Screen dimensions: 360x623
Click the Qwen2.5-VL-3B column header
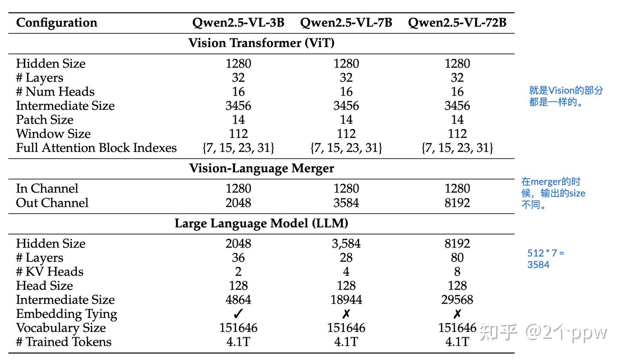pos(238,22)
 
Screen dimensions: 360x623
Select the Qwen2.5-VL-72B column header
pos(457,22)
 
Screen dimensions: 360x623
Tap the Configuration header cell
pos(57,22)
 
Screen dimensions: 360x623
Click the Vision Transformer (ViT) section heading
pos(261,43)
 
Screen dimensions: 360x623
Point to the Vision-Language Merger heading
pos(261,168)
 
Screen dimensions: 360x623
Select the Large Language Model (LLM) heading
pos(261,223)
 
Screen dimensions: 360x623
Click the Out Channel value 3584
pos(346,202)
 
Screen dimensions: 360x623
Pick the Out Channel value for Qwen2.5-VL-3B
pos(238,202)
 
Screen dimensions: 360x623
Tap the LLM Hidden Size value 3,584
pos(346,244)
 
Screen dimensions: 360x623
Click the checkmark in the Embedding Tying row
pos(238,314)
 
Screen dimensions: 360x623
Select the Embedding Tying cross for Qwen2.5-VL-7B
pos(346,314)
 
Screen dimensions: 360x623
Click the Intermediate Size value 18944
pos(346,299)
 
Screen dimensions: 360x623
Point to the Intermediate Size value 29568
pos(457,299)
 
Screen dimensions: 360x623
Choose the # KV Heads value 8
pos(457,271)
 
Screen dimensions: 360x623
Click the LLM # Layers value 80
pos(457,257)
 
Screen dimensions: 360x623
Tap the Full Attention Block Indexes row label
pos(96,148)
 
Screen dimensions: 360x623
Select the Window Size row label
pos(53,133)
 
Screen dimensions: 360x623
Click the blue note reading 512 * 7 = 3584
pos(546,259)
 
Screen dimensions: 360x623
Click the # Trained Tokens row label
pos(64,342)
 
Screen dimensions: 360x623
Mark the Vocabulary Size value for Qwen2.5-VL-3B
pos(238,328)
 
